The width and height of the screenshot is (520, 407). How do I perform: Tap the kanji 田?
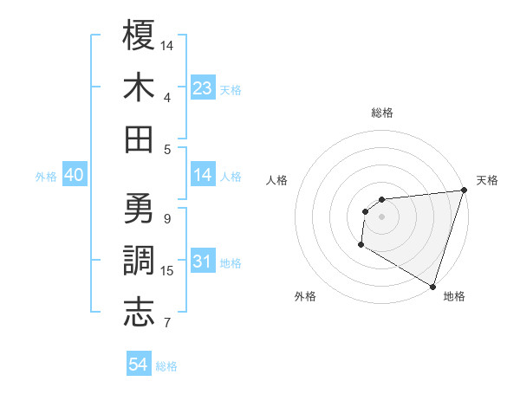tap(139, 139)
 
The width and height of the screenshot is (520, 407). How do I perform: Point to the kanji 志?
tap(139, 312)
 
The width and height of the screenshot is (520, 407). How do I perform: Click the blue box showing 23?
tap(203, 87)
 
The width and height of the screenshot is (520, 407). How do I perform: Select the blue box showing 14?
tap(203, 175)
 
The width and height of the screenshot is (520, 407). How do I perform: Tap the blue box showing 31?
tap(203, 262)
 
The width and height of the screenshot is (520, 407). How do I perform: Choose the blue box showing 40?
tap(74, 175)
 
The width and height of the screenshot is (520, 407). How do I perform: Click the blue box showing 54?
tap(139, 365)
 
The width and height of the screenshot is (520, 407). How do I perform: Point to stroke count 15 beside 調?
tap(167, 271)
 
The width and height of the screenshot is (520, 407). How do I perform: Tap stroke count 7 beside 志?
tap(167, 324)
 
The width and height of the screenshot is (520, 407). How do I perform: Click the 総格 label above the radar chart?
tap(382, 113)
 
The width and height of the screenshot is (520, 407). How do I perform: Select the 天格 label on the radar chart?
tap(487, 180)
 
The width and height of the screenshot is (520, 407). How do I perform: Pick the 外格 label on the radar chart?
tap(305, 296)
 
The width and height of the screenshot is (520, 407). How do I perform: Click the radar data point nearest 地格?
tap(432, 286)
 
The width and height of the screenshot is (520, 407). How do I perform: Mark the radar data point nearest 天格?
tap(464, 191)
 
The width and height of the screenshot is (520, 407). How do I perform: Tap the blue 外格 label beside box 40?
tap(46, 176)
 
